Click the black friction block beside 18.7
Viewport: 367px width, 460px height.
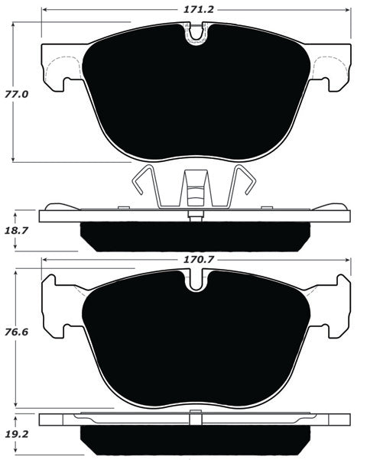click(x=195, y=237)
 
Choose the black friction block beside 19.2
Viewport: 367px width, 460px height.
click(x=196, y=441)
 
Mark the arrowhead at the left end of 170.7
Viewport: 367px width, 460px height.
click(x=44, y=260)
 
